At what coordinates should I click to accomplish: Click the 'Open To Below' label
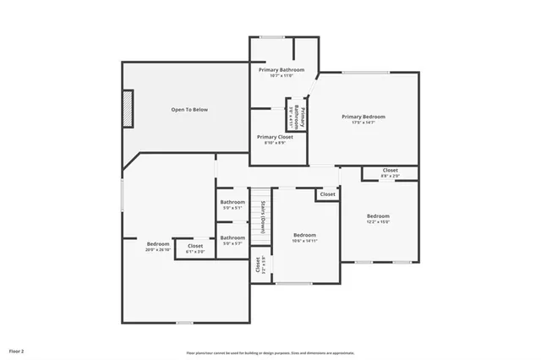[189, 110]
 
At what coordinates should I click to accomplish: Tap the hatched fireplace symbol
[128, 109]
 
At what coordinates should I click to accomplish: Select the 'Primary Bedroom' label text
[363, 117]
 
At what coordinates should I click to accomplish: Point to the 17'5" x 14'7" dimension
[363, 123]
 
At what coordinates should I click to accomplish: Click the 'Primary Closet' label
[275, 137]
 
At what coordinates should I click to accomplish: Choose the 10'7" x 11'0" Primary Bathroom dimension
[281, 76]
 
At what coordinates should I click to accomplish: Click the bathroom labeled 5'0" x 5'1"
[232, 207]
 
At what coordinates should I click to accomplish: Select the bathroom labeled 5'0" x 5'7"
[232, 243]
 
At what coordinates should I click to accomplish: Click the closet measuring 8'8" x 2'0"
[390, 176]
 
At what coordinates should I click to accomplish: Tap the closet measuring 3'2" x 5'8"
[258, 266]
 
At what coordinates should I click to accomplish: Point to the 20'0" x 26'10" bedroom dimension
[158, 250]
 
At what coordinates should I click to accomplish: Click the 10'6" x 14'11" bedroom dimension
[304, 241]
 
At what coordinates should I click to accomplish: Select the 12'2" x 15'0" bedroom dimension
[378, 222]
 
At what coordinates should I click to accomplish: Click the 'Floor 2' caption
[17, 350]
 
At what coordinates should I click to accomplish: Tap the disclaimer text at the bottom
[270, 352]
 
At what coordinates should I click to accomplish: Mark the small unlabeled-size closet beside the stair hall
[327, 194]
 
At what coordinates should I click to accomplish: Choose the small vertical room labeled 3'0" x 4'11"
[291, 114]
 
